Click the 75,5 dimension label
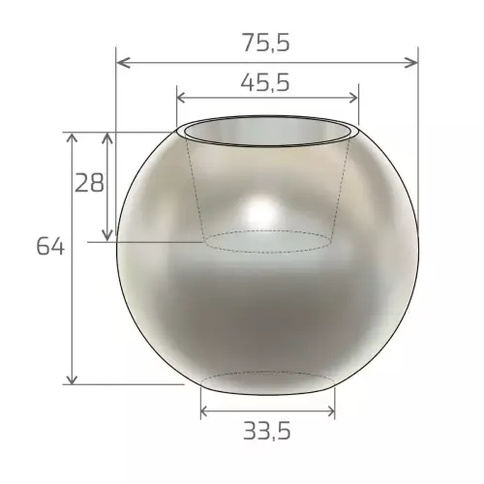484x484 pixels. coord(266,43)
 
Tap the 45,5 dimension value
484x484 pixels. coord(265,83)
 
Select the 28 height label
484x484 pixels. coord(89,183)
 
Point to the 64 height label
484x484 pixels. coord(50,247)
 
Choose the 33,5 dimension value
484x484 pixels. coord(267,432)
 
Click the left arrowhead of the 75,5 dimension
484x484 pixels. coord(124,63)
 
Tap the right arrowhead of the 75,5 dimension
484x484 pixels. coord(410,63)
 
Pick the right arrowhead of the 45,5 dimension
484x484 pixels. coord(353,98)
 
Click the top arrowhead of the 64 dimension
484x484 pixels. coord(72,137)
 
